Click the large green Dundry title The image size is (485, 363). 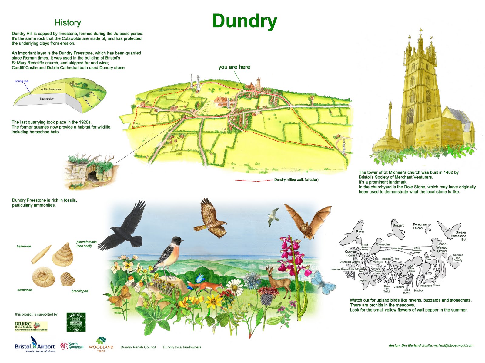244,21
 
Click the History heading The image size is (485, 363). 68,23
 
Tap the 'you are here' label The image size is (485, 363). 234,67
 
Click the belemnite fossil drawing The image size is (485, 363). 42,255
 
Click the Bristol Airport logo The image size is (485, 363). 35,346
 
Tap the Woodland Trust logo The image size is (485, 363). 101,345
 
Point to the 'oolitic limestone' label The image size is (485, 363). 51,89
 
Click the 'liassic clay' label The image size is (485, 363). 47,99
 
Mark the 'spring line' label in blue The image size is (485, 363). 22,81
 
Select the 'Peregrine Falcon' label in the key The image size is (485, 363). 420,226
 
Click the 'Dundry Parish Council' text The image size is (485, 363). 138,347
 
